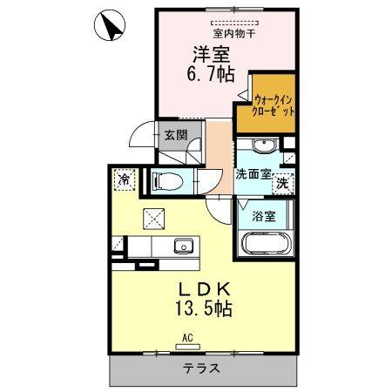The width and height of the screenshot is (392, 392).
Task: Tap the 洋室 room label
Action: [x=210, y=51]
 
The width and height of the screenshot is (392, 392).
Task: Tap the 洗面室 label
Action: [x=253, y=173]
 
